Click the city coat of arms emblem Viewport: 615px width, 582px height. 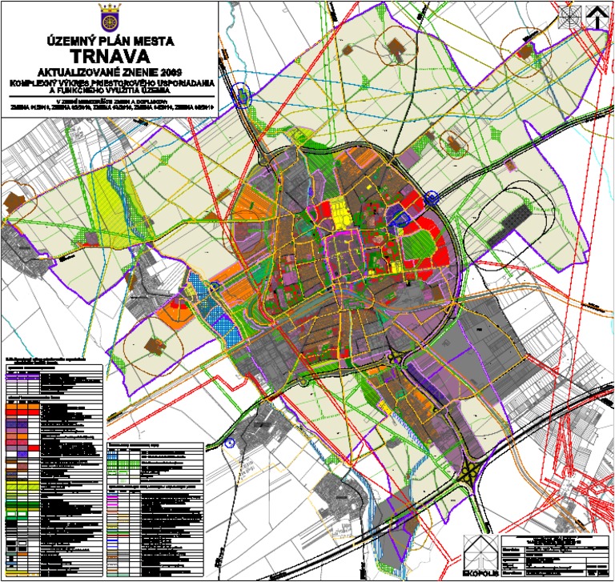(x=111, y=15)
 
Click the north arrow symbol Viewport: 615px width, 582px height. (x=597, y=15)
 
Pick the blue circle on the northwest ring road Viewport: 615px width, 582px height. (x=243, y=98)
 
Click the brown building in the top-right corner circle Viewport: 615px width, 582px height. (x=525, y=50)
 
